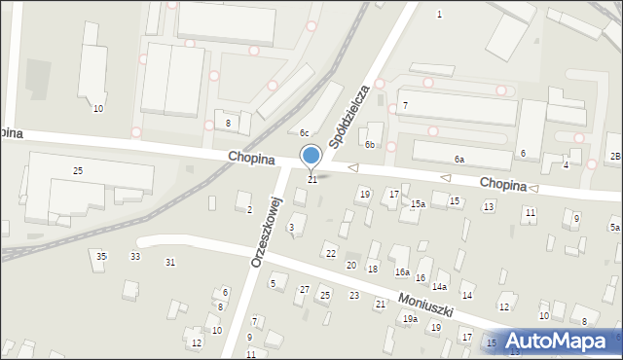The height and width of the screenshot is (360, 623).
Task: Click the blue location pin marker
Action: click(x=311, y=156)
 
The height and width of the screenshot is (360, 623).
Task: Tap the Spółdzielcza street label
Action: click(x=348, y=115)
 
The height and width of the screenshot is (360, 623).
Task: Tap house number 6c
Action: click(x=304, y=133)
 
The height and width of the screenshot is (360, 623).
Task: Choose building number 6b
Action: click(x=370, y=144)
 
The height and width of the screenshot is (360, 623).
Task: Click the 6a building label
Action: click(x=458, y=159)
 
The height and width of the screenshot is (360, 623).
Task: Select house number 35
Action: click(x=101, y=256)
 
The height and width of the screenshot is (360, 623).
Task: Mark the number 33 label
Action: click(x=135, y=256)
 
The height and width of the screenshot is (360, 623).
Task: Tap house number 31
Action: click(x=170, y=262)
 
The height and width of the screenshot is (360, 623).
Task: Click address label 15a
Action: click(x=418, y=204)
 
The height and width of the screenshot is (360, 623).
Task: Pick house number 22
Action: click(x=331, y=254)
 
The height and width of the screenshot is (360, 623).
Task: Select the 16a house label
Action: click(x=401, y=272)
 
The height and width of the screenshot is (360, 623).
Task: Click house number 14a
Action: click(x=440, y=287)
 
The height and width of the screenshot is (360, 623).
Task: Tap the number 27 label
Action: click(x=305, y=290)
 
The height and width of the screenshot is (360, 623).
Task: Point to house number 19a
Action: click(x=411, y=318)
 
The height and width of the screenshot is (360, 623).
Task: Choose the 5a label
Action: click(x=615, y=227)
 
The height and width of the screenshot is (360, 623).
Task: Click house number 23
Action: click(x=354, y=295)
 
